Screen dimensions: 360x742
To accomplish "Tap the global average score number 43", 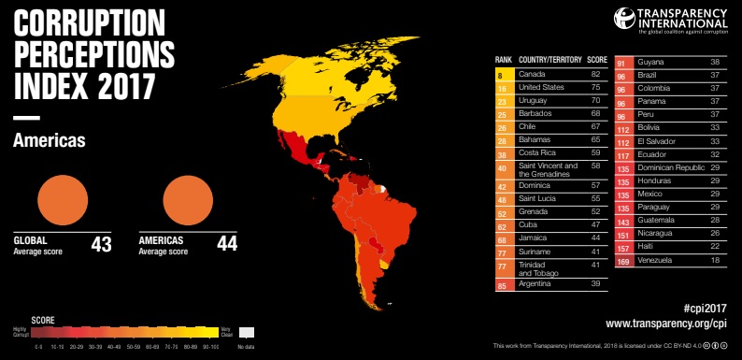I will (102, 245).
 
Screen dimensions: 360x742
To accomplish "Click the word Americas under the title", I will (50, 140).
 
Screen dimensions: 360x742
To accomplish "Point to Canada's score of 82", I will (594, 73).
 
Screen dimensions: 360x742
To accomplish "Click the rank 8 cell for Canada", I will (501, 73).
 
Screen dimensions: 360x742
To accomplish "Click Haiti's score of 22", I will (714, 246).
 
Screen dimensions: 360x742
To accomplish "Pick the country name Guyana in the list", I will (650, 61).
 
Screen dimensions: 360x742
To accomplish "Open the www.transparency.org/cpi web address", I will (665, 324).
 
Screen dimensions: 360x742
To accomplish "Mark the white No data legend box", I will (247, 333).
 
